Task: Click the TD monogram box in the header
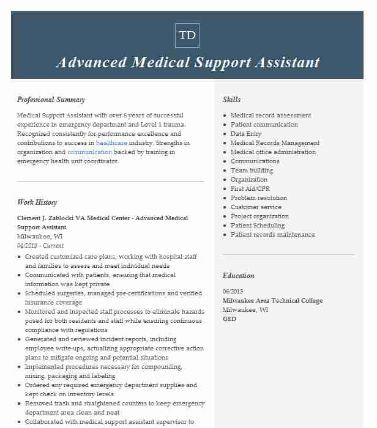(187, 35)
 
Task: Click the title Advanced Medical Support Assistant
(187, 62)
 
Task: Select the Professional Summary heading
(51, 100)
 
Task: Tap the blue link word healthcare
(111, 142)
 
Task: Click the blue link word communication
(89, 152)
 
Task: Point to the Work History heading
(37, 202)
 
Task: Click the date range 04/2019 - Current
(40, 245)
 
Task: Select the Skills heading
(231, 100)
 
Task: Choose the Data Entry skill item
(246, 133)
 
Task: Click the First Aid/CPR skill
(250, 188)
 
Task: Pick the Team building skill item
(252, 170)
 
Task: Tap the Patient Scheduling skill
(258, 225)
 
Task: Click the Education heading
(238, 276)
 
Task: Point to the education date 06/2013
(233, 292)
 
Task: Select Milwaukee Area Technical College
(272, 301)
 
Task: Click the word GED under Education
(230, 319)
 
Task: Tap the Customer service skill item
(256, 207)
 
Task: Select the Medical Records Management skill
(275, 142)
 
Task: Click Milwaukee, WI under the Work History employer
(40, 236)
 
